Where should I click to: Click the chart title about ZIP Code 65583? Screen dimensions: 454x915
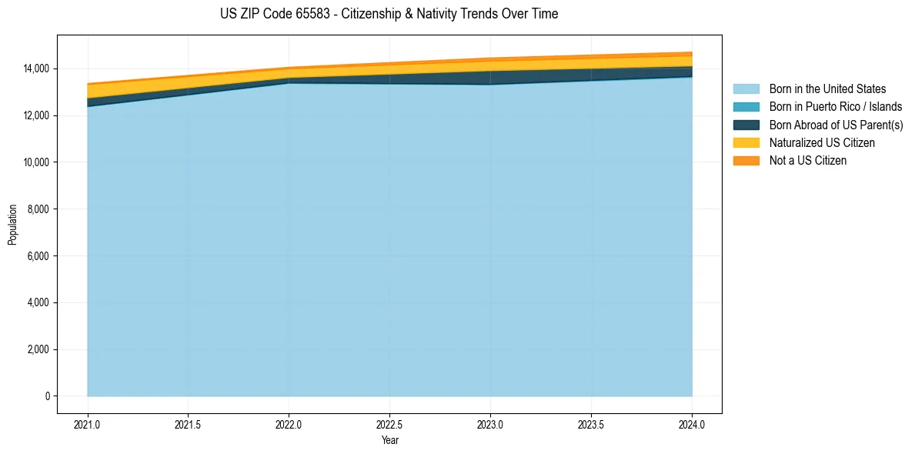[389, 14]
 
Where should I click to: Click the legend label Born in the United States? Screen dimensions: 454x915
[827, 89]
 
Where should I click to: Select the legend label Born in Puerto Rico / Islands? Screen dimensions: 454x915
[836, 107]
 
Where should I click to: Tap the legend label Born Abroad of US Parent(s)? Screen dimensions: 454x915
[836, 125]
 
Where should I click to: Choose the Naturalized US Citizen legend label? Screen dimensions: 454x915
[822, 143]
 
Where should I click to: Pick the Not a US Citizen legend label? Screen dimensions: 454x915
[808, 161]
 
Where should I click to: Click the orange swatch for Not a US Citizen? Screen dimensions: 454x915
[746, 161]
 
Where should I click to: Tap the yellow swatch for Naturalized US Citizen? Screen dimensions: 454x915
[746, 143]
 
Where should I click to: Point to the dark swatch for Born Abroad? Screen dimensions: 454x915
[746, 125]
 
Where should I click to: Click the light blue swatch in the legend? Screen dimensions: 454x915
[746, 89]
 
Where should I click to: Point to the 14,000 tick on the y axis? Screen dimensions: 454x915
[37, 69]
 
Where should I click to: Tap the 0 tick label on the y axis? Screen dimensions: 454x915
[48, 396]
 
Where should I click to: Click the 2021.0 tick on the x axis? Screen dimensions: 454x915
[88, 424]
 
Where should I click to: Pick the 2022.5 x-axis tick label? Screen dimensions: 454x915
[389, 424]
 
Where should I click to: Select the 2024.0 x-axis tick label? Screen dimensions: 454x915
[692, 424]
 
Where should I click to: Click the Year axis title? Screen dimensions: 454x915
[389, 440]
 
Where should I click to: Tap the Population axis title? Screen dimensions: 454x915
[12, 225]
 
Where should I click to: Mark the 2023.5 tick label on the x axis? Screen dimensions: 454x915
[591, 424]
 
